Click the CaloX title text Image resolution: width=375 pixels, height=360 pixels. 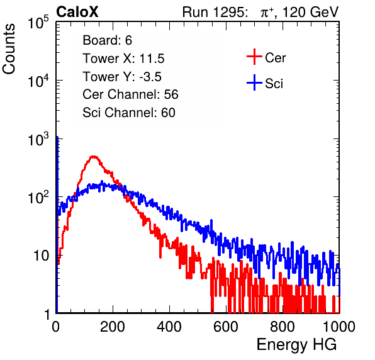click(x=77, y=12)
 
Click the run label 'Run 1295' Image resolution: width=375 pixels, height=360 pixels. click(x=213, y=12)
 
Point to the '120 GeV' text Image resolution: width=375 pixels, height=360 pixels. click(x=310, y=12)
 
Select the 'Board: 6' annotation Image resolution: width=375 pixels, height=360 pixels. click(x=107, y=40)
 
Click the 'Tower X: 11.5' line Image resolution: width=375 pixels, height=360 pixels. click(x=123, y=59)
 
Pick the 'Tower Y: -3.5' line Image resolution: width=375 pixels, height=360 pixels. click(x=122, y=77)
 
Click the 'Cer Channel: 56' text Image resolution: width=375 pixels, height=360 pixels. click(x=130, y=94)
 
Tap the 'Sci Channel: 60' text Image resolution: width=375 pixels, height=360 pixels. click(x=129, y=113)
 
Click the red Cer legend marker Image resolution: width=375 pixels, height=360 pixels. click(x=254, y=57)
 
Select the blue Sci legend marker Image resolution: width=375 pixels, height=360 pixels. click(x=254, y=83)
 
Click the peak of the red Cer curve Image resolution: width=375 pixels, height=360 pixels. click(x=94, y=157)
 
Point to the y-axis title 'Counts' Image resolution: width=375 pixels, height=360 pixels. click(x=9, y=49)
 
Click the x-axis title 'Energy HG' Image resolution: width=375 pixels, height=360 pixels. click(x=296, y=345)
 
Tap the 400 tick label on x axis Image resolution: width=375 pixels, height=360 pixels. click(x=169, y=327)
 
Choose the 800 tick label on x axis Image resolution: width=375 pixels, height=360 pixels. click(x=283, y=327)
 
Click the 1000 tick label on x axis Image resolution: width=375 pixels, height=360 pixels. click(x=339, y=327)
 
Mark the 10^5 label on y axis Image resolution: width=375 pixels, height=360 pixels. click(x=38, y=22)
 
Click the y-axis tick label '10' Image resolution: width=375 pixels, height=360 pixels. click(x=41, y=256)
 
